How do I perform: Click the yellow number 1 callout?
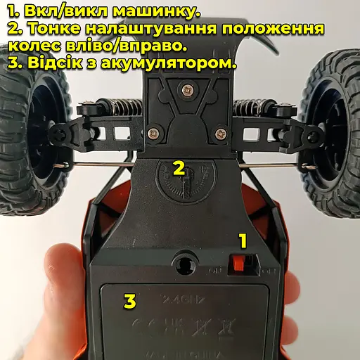(x=243, y=242)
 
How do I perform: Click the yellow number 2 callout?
(x=179, y=168)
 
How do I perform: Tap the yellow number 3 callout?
(x=129, y=302)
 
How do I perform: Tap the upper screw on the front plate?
(x=186, y=89)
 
